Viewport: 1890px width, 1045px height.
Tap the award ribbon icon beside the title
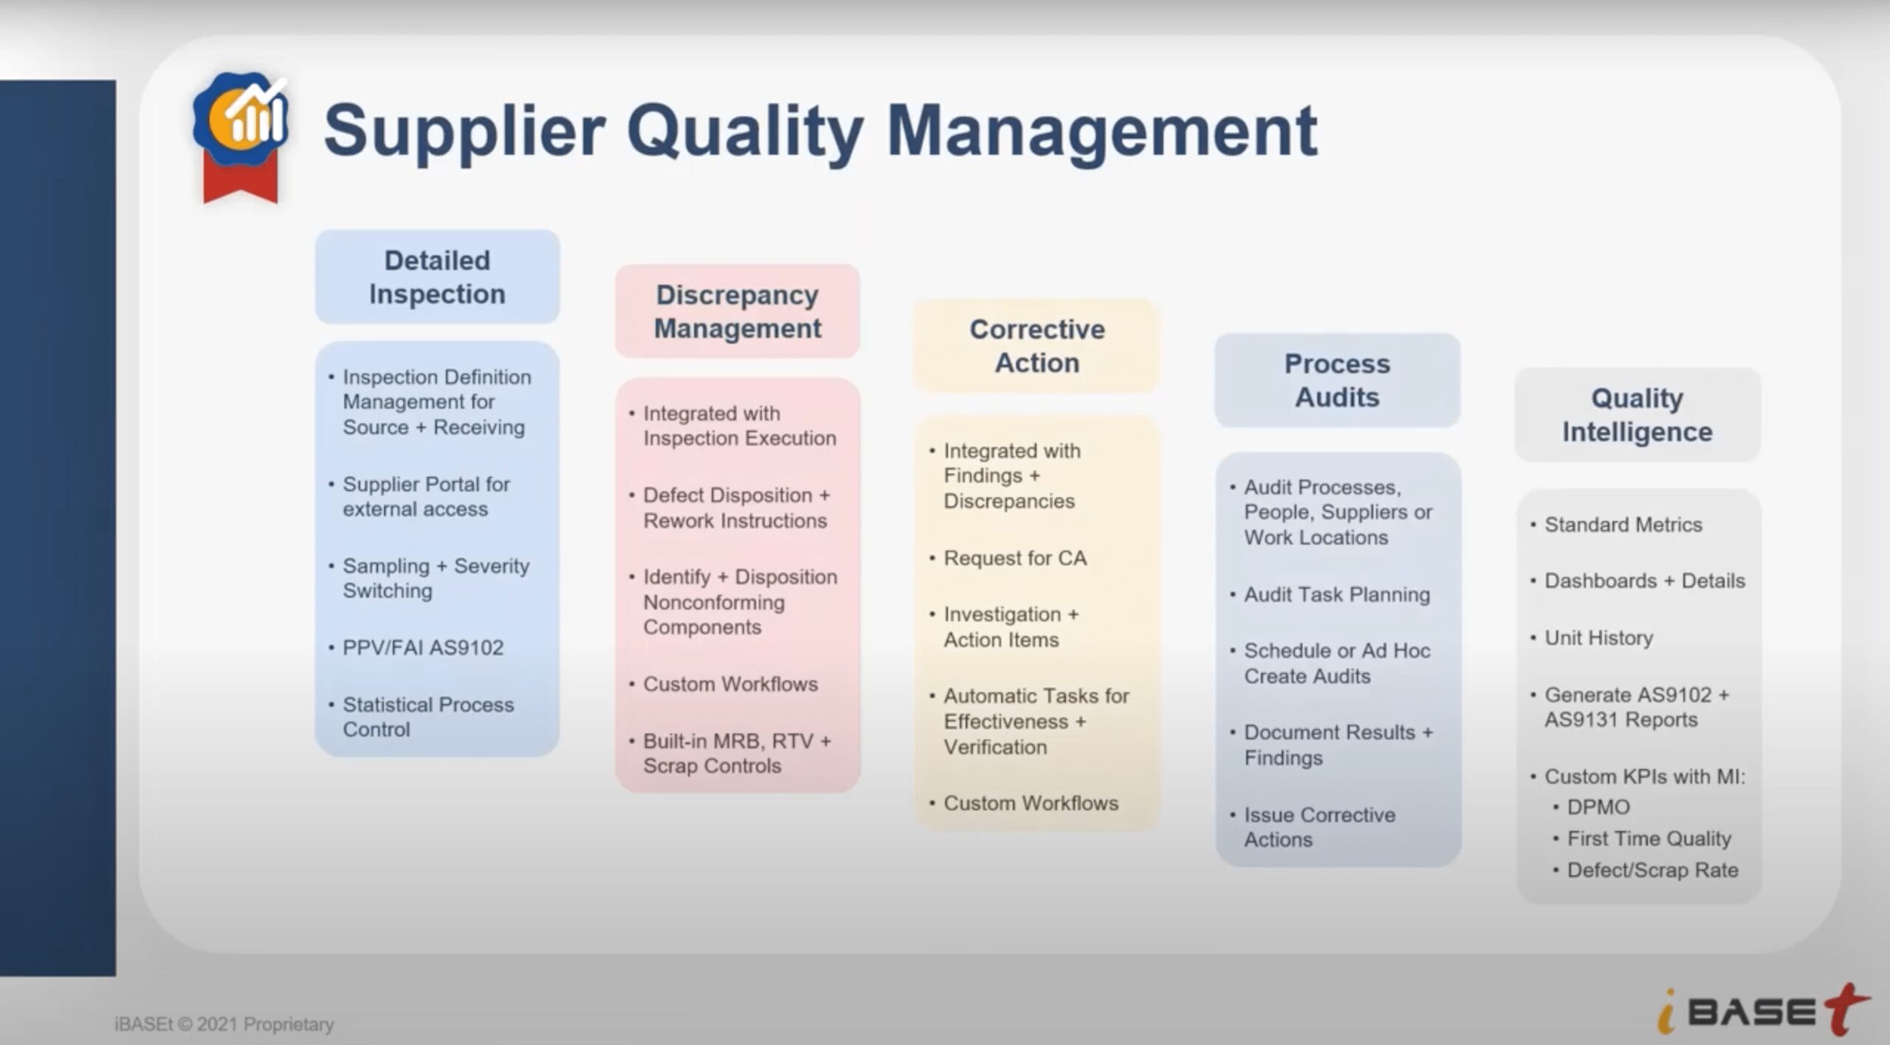pos(241,136)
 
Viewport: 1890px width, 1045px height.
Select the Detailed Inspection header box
pos(437,277)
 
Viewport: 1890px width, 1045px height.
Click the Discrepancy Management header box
pos(737,311)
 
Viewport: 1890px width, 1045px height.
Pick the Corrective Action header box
pos(1037,346)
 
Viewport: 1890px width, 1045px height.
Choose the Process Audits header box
pos(1337,380)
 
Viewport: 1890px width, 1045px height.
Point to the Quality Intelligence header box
pos(1637,415)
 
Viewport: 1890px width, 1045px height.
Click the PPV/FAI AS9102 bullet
pos(423,647)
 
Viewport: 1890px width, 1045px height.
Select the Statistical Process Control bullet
pos(427,717)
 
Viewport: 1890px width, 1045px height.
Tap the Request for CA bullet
pos(1014,558)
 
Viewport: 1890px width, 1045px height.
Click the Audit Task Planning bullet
pos(1336,594)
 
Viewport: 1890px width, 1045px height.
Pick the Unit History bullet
pos(1598,638)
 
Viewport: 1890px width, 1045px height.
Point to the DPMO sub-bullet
pos(1598,807)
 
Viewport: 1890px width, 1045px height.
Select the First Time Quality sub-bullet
pos(1649,838)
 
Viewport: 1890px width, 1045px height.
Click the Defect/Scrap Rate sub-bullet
pos(1652,870)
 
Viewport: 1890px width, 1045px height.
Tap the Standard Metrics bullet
pos(1623,525)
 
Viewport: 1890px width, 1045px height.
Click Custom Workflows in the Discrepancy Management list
pos(730,684)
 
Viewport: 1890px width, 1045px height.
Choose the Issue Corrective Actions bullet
pos(1319,827)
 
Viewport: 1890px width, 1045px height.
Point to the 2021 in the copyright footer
pos(217,1024)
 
